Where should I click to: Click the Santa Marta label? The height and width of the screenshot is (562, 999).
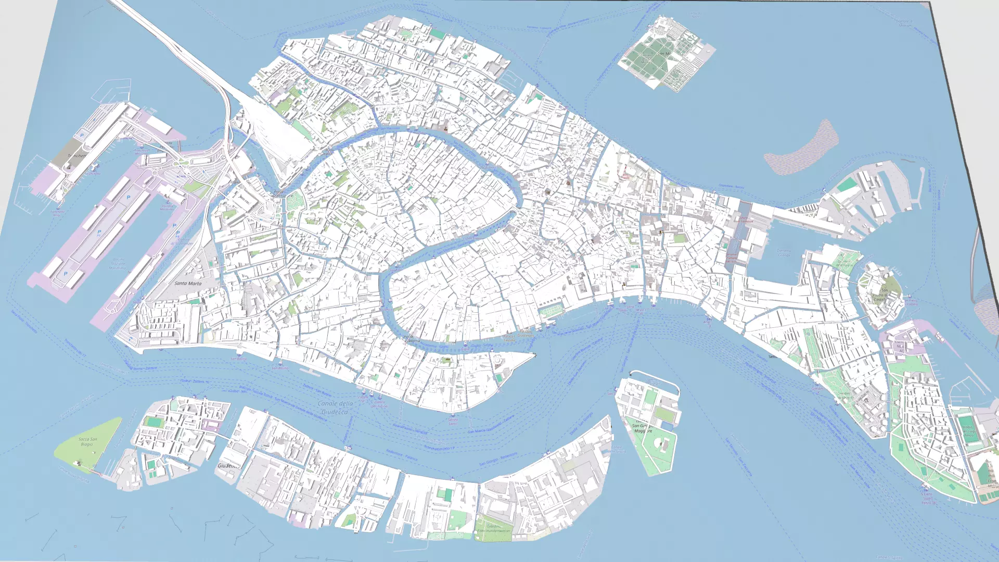tap(188, 284)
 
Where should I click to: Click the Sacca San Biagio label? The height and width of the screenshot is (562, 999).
tap(87, 442)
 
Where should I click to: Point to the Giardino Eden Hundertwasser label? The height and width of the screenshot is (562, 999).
tap(493, 528)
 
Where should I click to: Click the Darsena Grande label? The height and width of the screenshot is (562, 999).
tap(784, 252)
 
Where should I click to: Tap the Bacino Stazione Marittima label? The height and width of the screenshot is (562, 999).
tap(118, 263)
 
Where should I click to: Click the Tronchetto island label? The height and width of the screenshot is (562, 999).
tap(76, 156)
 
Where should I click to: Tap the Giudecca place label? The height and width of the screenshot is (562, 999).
tap(228, 465)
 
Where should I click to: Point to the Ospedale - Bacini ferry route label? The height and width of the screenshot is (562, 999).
tap(731, 186)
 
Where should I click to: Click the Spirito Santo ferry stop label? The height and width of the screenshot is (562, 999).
tap(453, 421)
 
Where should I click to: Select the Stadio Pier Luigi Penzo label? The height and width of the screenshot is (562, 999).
tap(968, 431)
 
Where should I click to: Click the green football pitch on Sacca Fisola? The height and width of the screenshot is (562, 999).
tap(154, 421)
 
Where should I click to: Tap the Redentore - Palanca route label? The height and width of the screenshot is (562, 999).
tap(402, 455)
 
